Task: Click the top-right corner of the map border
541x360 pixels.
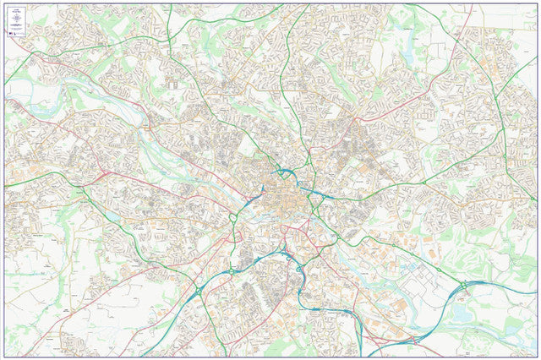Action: click(537, 3)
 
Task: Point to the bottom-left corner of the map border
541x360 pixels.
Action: click(4, 356)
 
